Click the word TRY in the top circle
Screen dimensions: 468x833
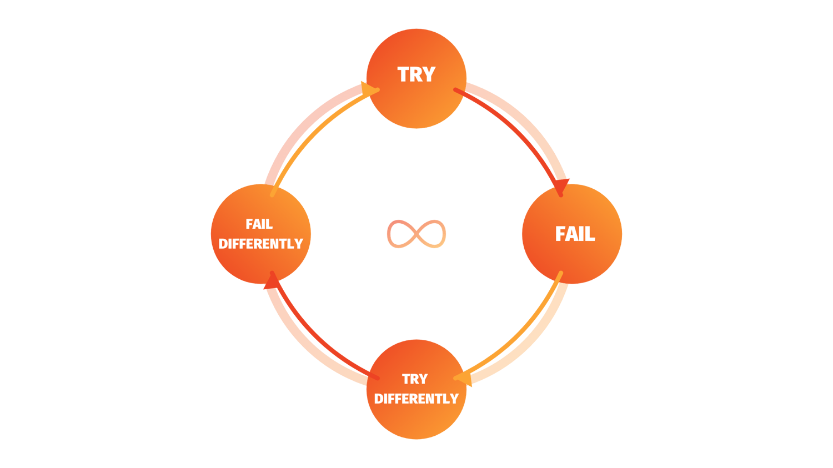[x=416, y=74]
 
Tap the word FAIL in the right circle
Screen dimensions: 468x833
[x=575, y=234]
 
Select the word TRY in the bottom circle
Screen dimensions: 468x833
[x=415, y=379]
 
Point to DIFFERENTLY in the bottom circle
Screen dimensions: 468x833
[x=416, y=399]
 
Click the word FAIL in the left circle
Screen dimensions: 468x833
[x=259, y=224]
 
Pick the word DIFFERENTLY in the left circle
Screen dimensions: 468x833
[x=260, y=244]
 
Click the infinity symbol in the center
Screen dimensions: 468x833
[x=416, y=234]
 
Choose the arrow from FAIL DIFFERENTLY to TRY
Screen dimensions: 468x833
[x=311, y=128]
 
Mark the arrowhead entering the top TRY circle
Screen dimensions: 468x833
[x=369, y=89]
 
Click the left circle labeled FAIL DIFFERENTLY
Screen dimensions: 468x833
[x=261, y=264]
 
